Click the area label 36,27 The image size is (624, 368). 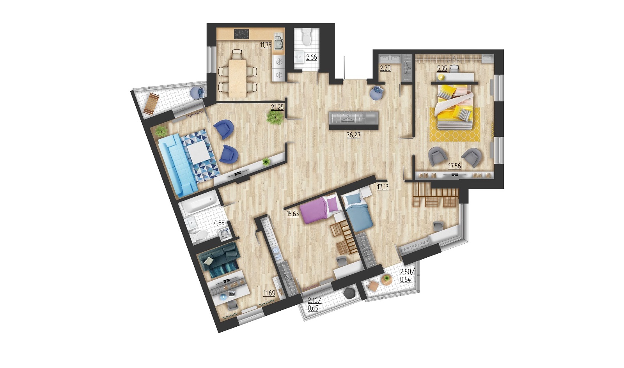(353, 135)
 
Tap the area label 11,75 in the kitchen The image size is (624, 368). (266, 45)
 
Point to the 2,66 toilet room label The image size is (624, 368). (312, 57)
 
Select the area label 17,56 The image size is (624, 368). (454, 166)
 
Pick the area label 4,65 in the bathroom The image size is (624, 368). (219, 223)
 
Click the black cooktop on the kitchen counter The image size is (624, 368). (241, 34)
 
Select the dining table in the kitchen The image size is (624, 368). (238, 78)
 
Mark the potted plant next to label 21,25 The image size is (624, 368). (275, 118)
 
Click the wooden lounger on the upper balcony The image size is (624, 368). (151, 104)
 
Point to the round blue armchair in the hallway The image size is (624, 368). (377, 92)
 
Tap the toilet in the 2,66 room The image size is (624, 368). (307, 38)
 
